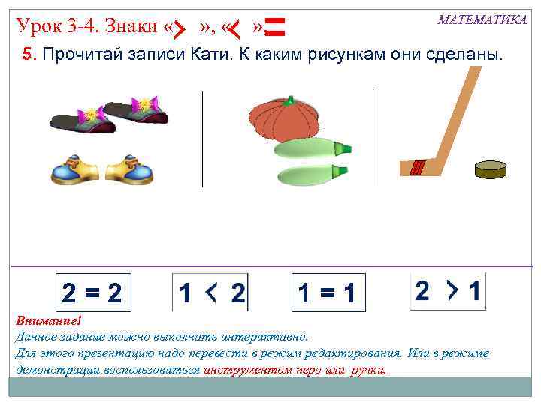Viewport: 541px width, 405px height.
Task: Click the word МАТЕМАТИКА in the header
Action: pos(482,19)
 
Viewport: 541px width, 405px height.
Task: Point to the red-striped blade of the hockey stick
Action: pos(416,167)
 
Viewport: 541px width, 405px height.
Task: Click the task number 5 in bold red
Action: pos(23,57)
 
